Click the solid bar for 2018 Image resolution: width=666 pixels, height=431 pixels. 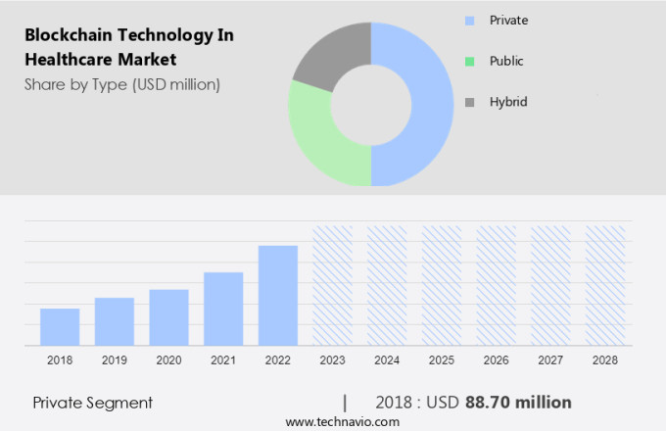[60, 326]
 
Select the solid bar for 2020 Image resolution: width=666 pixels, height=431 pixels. [168, 316]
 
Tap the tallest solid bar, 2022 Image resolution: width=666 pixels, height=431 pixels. [278, 295]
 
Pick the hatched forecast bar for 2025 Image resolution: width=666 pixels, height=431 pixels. [442, 285]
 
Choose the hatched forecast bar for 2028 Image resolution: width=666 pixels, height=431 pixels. [605, 285]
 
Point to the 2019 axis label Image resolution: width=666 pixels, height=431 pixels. [115, 360]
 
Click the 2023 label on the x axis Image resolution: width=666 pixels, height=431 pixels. [332, 360]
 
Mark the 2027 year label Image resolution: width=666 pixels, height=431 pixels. [550, 360]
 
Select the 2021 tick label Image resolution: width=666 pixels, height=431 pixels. [223, 360]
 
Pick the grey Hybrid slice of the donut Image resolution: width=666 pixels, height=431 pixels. [328, 54]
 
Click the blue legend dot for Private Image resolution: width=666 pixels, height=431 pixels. [469, 20]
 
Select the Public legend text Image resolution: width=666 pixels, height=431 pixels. [506, 61]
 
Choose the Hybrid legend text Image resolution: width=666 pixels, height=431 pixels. [508, 102]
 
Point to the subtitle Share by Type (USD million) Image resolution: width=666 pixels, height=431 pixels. [122, 84]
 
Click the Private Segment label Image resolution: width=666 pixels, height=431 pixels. [93, 403]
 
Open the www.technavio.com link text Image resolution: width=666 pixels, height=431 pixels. [343, 421]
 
